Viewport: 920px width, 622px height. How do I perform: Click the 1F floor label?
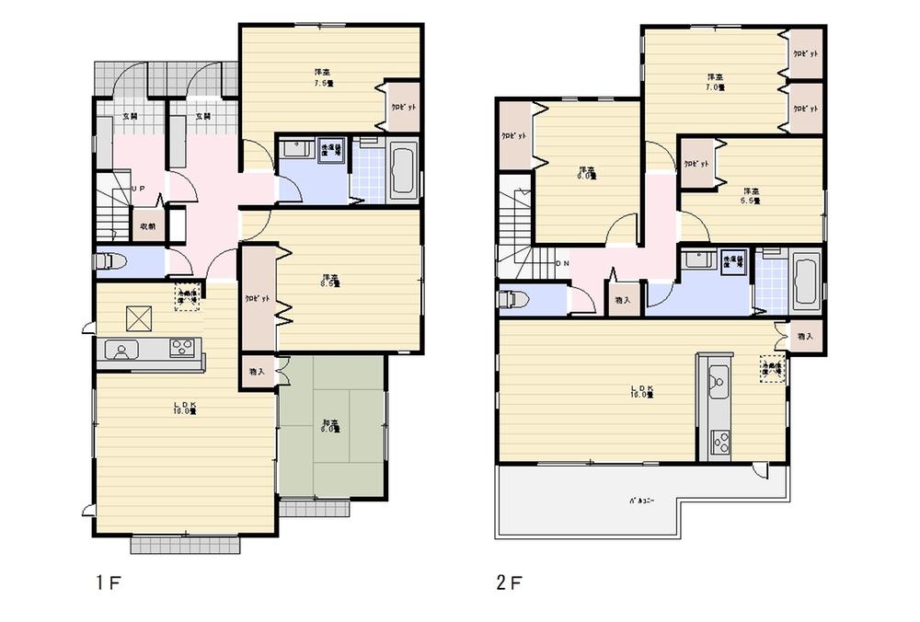click(x=108, y=582)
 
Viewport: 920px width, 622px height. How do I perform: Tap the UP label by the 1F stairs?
click(x=137, y=189)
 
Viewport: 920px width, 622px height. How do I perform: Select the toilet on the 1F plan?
click(x=109, y=262)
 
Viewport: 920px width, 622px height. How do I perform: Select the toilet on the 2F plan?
click(x=512, y=300)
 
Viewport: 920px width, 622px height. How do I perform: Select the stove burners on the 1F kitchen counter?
click(x=182, y=348)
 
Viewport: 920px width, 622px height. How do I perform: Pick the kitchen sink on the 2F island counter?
click(x=719, y=377)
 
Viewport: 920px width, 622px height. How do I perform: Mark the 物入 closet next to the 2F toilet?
click(x=622, y=300)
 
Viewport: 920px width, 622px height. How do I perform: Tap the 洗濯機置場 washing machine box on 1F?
click(x=330, y=150)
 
